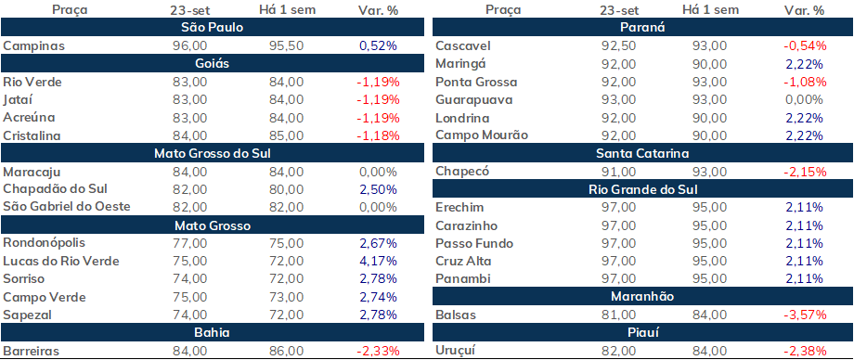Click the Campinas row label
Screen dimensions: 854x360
coord(33,46)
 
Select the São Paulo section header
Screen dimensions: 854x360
coord(213,28)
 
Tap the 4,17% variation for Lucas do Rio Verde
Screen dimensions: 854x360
coord(378,262)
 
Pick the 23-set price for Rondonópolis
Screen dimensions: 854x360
coord(189,243)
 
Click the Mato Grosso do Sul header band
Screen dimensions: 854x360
coord(213,154)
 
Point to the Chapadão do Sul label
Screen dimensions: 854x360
coord(55,189)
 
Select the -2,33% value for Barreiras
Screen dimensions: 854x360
coord(378,351)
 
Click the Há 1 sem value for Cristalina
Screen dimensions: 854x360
coord(286,135)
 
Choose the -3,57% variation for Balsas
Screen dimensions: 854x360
coord(805,315)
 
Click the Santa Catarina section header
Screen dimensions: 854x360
coord(642,154)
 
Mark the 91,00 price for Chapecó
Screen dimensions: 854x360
coord(617,172)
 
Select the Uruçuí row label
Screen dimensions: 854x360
coord(456,351)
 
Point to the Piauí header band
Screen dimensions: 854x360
coord(642,333)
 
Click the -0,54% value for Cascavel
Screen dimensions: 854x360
coord(805,46)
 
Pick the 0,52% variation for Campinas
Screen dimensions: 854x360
coord(378,46)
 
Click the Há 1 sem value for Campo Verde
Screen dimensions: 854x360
coord(286,297)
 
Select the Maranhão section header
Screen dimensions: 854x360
coord(642,297)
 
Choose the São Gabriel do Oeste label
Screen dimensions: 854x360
coord(67,207)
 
